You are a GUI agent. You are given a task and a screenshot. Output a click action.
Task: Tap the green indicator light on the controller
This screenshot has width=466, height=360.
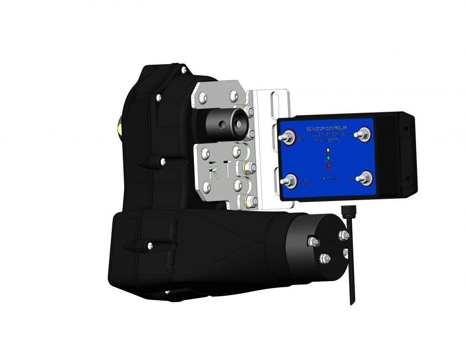click(x=328, y=157)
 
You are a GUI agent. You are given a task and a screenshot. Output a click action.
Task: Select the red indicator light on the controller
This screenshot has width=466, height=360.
click(x=328, y=165)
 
